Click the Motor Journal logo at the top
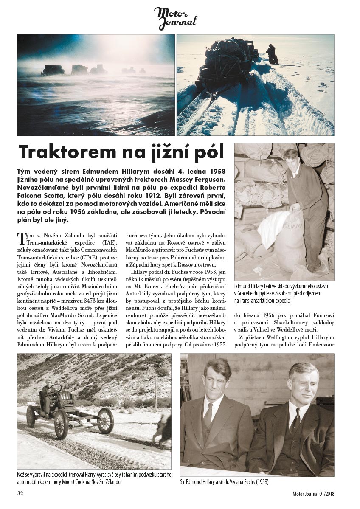(x=175, y=18)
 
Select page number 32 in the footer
(x=20, y=493)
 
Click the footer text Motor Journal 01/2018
(x=317, y=493)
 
